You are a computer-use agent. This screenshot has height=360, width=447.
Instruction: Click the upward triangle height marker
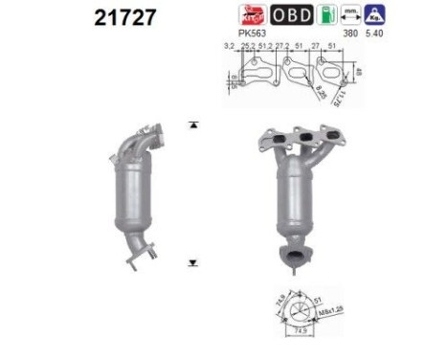[194, 125]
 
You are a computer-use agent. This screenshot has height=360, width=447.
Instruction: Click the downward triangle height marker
[194, 260]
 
